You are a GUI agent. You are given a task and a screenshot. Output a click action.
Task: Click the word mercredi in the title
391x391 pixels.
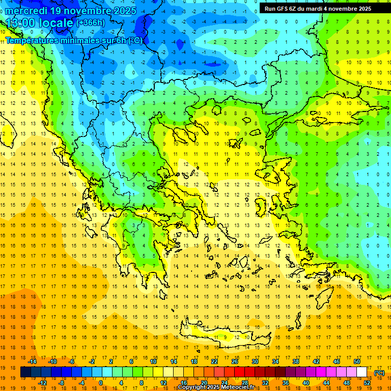pos(27,11)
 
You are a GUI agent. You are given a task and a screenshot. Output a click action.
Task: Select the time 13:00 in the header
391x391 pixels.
pos(21,23)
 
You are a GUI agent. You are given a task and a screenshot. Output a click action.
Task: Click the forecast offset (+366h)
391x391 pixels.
pos(91,23)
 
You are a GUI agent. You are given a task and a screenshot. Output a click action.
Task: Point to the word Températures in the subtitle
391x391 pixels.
pos(32,40)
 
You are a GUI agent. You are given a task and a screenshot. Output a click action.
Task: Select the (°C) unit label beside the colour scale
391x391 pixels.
pos(379,373)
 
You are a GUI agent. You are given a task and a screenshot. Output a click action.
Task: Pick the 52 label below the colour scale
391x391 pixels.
pos(367,383)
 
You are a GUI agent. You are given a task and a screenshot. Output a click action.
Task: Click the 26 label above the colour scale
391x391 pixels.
pos(235,361)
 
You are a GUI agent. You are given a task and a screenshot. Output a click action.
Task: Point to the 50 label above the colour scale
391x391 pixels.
pos(357,361)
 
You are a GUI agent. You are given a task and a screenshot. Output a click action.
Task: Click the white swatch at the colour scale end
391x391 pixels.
pos(361,372)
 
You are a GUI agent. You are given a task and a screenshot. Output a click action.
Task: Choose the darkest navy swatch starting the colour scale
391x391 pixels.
pos(25,372)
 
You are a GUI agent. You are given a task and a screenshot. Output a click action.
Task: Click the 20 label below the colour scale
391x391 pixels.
pos(204,383)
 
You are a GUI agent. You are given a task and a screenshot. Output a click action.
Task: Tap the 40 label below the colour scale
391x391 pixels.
pos(306,383)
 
